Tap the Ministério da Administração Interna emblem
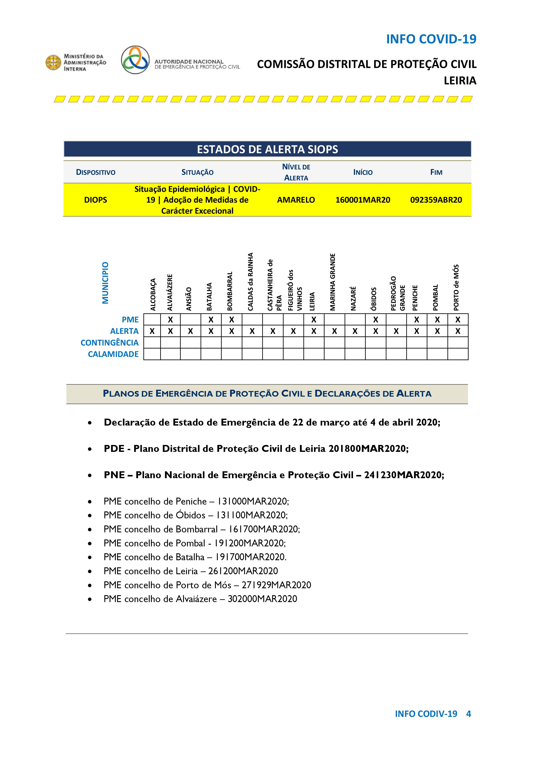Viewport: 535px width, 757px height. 53,63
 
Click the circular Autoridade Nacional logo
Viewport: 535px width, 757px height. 135,60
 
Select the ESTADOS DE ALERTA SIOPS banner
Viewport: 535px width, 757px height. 267,149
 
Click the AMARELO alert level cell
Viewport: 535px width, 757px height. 296,200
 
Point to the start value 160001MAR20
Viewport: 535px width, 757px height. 363,200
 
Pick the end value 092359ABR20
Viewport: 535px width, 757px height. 436,200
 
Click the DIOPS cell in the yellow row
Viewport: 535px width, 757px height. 96,200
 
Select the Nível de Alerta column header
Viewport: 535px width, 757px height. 296,172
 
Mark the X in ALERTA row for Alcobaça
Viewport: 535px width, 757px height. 152,331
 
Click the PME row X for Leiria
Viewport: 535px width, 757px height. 314,320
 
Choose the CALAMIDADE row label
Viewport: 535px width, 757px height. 113,354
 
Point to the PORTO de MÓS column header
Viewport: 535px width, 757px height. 456,287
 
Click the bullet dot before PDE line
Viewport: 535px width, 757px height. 90,449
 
